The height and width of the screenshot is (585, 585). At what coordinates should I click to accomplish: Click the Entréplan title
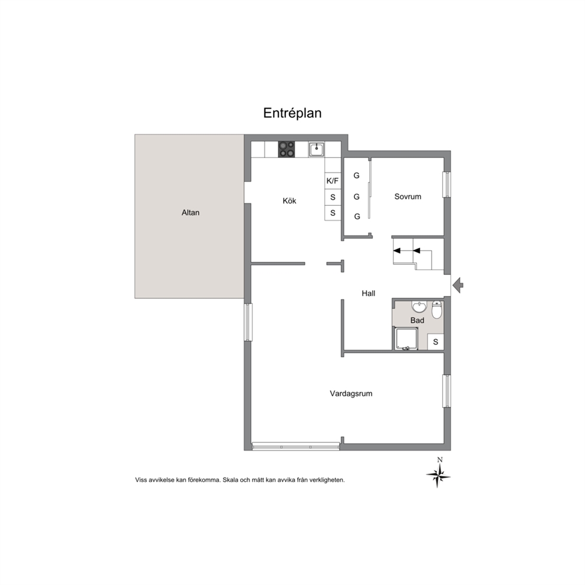point(292,113)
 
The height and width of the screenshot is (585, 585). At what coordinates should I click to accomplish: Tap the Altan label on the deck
point(190,213)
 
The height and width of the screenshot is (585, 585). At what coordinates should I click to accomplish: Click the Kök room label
point(289,201)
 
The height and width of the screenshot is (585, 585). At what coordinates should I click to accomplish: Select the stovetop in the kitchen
point(286,149)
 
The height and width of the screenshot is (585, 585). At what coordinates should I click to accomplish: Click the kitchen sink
point(316,149)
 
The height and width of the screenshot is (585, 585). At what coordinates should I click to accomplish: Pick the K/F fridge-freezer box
point(333,181)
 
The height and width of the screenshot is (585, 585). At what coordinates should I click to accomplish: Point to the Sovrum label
point(407,196)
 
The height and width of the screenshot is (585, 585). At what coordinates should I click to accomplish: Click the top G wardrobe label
point(357,175)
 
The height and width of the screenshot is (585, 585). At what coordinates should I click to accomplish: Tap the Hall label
point(368,293)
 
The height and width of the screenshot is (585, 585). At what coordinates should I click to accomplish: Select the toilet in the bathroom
point(437,309)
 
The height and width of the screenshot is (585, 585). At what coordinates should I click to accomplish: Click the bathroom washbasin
point(419,307)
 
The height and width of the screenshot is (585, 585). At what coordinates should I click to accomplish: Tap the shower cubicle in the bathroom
point(406,338)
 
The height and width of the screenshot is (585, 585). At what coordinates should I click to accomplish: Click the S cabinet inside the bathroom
point(435,342)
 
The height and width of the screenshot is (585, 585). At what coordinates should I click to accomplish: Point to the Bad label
point(417,320)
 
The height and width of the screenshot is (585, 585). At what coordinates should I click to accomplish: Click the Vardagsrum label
point(351,393)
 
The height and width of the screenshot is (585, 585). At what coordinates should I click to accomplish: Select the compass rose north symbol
point(438,473)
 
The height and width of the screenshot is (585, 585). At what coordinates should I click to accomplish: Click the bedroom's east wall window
point(447,185)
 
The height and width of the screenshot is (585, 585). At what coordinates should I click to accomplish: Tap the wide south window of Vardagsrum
point(296,446)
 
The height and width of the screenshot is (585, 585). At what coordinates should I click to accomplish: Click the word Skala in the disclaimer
point(230,480)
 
